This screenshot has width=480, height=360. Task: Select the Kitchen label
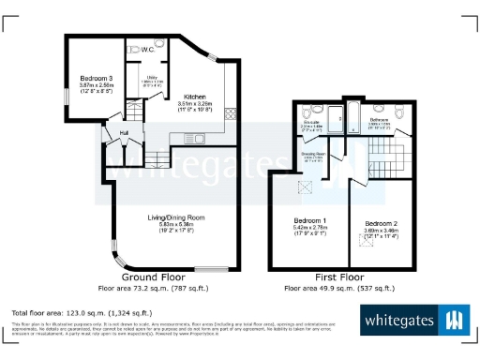pyautogui.click(x=194, y=97)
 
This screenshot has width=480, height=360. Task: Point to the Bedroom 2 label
pyautogui.click(x=381, y=221)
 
